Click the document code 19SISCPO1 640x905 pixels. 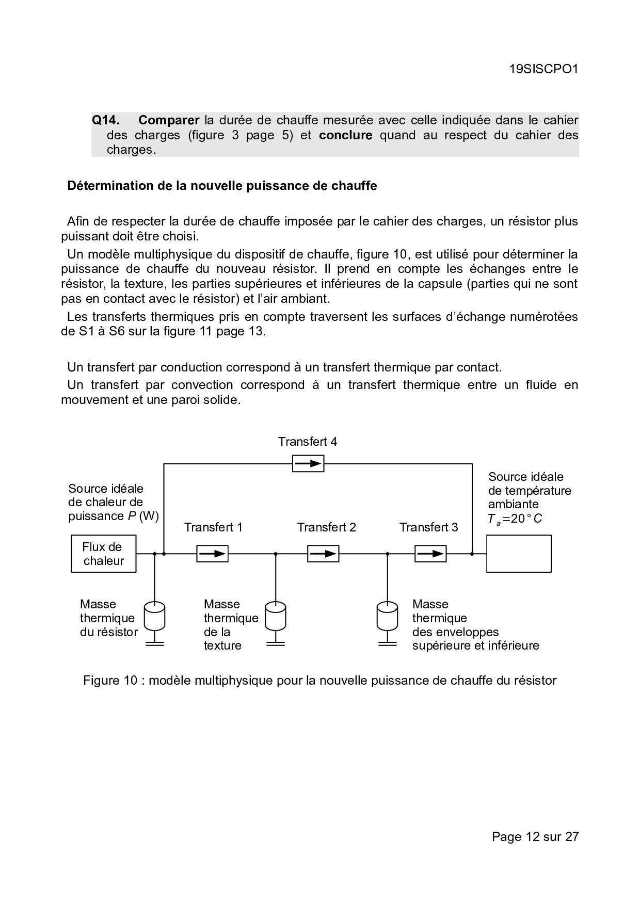(543, 69)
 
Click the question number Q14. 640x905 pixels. (105, 120)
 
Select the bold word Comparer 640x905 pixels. (169, 120)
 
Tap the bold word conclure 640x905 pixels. (345, 135)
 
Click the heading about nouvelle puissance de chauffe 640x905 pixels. (222, 186)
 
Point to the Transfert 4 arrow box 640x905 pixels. (308, 464)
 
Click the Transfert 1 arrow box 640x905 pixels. (212, 554)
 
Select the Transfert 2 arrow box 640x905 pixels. (324, 554)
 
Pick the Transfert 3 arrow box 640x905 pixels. (430, 554)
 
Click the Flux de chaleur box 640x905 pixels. (104, 554)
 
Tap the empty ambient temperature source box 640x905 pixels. (519, 554)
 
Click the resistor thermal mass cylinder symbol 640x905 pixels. (154, 616)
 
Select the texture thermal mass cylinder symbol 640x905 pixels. (276, 616)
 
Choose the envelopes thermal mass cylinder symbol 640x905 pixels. (388, 616)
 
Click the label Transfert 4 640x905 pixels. (308, 442)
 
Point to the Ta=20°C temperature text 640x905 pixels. (515, 519)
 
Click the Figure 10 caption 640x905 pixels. (320, 681)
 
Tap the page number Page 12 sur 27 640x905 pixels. (535, 836)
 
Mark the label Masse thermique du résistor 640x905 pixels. (108, 618)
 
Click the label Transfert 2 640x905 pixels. (326, 527)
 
